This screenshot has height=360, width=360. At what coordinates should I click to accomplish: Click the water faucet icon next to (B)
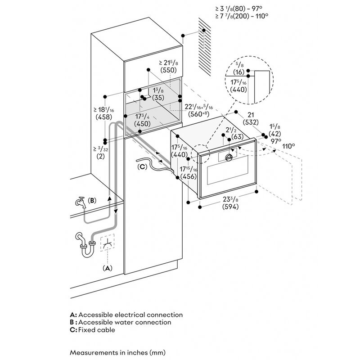click(81, 202)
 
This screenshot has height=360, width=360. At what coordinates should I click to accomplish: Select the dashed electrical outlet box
click(107, 243)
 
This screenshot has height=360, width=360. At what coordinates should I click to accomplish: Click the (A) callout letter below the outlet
click(107, 268)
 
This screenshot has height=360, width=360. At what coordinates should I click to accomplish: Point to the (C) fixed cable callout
click(142, 166)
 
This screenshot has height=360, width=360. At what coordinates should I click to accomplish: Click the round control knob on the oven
click(229, 157)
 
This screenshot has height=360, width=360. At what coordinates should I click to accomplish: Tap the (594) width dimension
click(230, 207)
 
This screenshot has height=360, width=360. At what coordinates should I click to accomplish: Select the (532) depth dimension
click(251, 122)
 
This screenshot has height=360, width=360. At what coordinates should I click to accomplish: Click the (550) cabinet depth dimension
click(168, 70)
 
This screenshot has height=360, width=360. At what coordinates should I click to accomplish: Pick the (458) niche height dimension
click(104, 117)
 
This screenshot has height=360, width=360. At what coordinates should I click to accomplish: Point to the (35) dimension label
click(158, 98)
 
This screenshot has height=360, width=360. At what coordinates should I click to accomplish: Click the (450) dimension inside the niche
click(142, 124)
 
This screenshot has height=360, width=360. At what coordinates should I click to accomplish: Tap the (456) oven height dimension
click(189, 176)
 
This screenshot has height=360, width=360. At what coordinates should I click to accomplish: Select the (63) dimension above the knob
click(237, 137)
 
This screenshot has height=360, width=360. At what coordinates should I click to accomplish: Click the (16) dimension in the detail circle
click(239, 72)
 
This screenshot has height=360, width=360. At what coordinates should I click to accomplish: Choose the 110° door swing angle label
click(288, 146)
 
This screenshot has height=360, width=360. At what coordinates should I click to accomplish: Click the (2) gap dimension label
click(100, 156)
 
